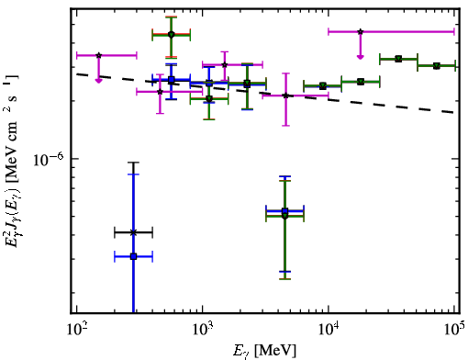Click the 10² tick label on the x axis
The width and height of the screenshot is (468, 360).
76,330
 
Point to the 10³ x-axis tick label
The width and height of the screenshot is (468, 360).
203,330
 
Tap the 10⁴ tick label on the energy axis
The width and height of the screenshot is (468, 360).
329,330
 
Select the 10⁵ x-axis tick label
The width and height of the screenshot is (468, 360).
454,330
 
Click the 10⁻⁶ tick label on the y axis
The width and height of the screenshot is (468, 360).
48,159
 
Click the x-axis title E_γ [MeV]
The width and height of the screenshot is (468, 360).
264,351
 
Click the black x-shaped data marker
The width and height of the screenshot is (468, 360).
133,232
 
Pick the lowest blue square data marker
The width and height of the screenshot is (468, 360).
133,256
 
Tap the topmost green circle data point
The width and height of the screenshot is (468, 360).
172,35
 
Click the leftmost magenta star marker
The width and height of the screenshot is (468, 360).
98,55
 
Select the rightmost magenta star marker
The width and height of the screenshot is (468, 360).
361,31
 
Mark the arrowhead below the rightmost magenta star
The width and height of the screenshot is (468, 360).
361,57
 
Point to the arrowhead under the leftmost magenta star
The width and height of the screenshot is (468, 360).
98,81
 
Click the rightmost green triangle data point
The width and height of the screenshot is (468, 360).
437,66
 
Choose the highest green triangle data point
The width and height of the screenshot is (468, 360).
398,59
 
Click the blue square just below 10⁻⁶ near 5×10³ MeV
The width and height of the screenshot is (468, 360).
284,211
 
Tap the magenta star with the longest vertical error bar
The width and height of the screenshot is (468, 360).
285,96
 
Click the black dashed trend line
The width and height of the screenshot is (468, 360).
266,93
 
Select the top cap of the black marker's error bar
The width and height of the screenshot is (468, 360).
133,163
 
